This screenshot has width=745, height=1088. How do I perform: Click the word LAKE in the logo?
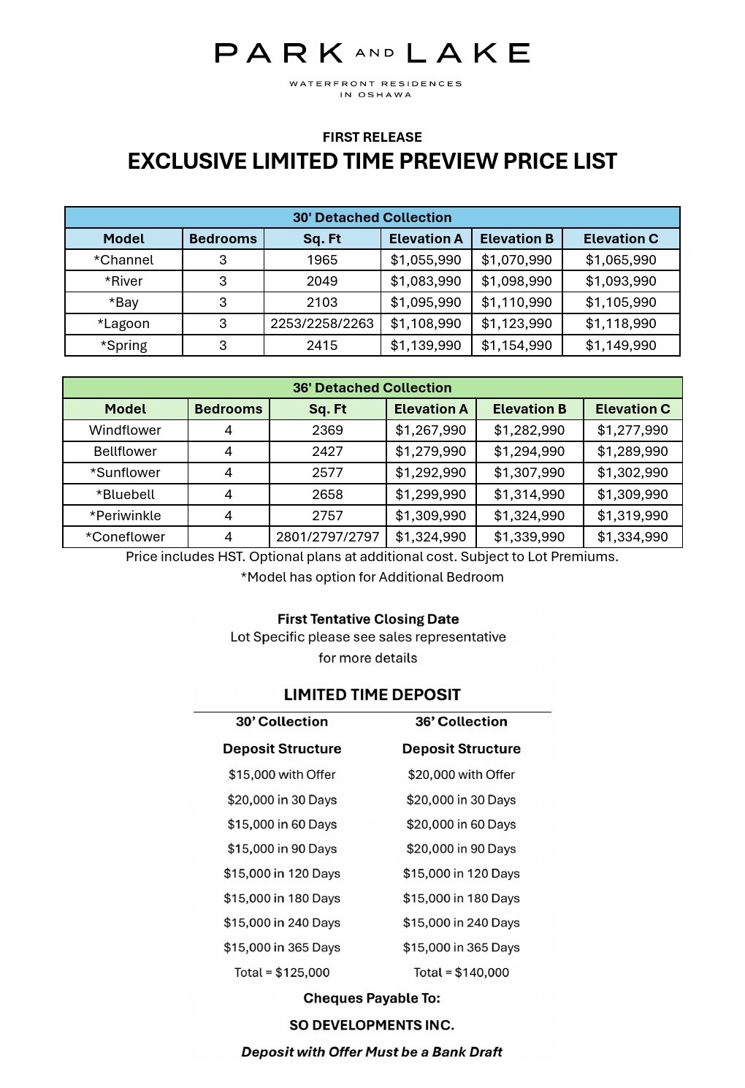pos(467,53)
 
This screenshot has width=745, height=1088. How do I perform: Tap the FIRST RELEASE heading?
pos(372,137)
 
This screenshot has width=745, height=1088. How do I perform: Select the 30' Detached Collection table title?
pos(372,218)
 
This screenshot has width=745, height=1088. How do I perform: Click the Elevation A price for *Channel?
pos(426,260)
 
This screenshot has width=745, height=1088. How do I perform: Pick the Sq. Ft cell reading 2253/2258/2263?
pos(322,324)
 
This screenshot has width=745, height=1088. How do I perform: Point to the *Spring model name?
pos(123,346)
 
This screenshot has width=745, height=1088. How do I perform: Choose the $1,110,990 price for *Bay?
pos(516,303)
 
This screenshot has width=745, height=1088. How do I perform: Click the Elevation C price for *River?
pos(621,281)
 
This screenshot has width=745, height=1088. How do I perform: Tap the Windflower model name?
pos(125,430)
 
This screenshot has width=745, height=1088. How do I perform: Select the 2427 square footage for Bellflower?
pos(327,452)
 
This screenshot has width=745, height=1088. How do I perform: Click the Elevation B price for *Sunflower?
pos(529,473)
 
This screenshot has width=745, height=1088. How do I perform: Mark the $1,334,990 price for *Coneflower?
pos(633,537)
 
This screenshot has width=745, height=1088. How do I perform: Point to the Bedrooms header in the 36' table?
pos(228,409)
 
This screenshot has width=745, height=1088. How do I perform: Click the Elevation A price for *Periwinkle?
pos(430,516)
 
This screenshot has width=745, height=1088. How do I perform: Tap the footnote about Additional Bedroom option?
pos(372,577)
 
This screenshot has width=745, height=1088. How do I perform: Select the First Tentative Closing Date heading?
pos(368,619)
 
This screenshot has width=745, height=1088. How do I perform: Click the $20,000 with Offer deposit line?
pos(461,775)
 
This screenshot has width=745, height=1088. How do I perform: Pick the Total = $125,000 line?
pos(282,973)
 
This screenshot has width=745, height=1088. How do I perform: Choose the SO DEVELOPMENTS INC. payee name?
pos(372,1025)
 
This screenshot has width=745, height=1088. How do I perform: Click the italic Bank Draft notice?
pos(372,1052)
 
